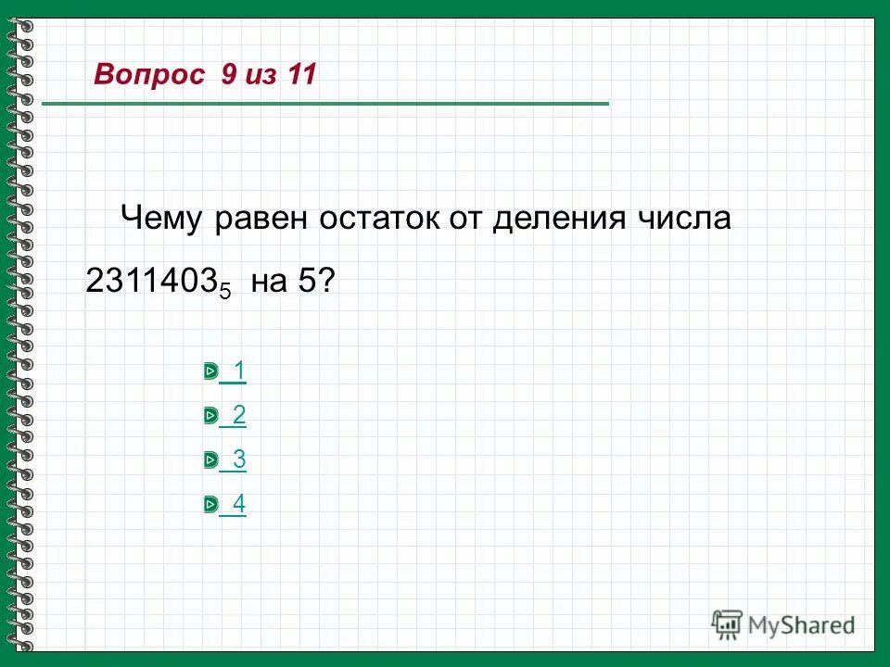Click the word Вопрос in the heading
click(x=148, y=75)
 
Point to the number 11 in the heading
click(x=302, y=75)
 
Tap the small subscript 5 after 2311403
click(x=224, y=290)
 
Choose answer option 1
click(x=239, y=371)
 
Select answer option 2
click(x=239, y=416)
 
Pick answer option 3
click(x=239, y=459)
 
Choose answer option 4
click(x=239, y=504)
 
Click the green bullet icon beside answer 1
click(x=210, y=372)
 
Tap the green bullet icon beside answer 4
click(x=210, y=505)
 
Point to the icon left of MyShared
click(x=728, y=623)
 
